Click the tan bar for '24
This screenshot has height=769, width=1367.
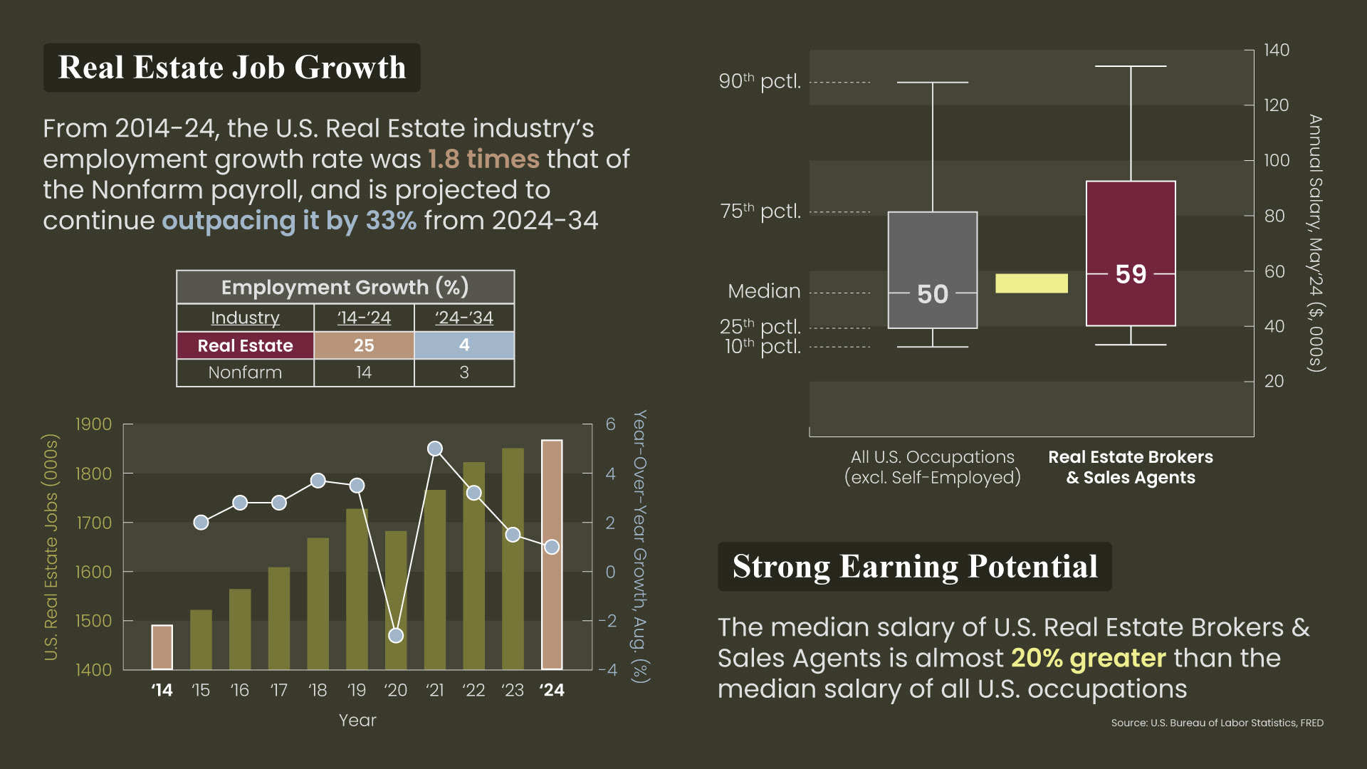point(552,555)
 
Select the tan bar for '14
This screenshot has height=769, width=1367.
point(162,647)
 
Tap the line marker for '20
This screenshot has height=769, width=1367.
point(396,635)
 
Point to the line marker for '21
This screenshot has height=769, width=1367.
point(435,449)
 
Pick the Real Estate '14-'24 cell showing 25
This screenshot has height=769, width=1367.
point(364,345)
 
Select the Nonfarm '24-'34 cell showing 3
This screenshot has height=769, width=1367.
point(464,372)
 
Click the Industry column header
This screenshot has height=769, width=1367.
point(245,318)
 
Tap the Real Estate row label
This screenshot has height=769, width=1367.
point(245,345)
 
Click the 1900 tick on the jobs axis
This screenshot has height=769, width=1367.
point(93,424)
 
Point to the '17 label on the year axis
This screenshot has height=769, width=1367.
point(278,690)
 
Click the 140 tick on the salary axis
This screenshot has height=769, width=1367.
point(1276,50)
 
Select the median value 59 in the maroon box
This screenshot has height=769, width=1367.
point(1131,274)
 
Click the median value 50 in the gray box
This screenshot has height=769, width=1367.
point(933,294)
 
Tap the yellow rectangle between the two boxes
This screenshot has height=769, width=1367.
point(1031,283)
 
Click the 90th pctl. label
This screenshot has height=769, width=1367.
point(760,81)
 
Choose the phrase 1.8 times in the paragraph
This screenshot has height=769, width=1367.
point(483,159)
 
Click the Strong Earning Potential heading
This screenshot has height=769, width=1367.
point(915,567)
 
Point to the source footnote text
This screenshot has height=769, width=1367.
point(1217,723)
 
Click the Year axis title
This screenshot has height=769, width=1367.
point(357,721)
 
